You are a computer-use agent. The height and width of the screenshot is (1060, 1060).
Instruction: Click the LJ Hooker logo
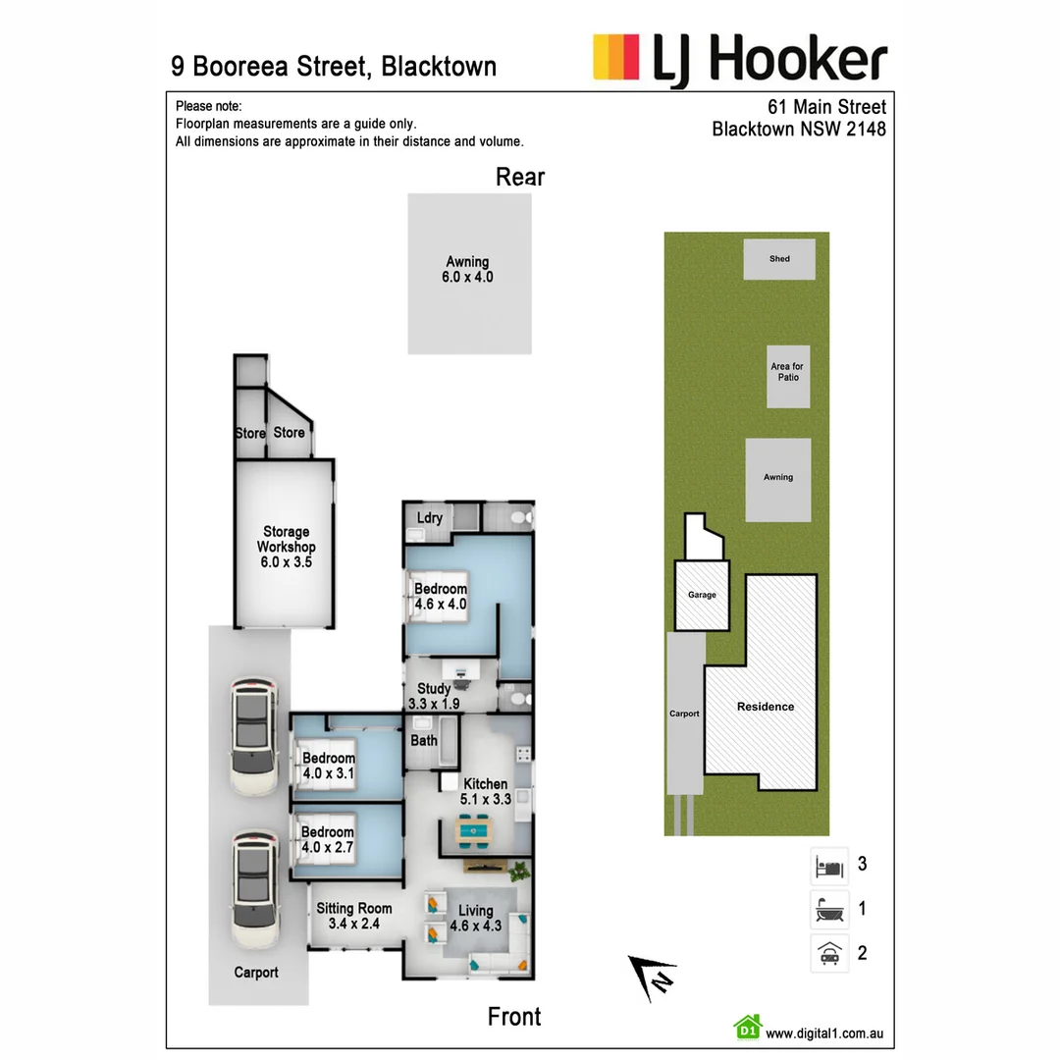pos(740,60)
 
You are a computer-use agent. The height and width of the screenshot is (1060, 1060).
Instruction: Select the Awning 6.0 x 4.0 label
pos(467,270)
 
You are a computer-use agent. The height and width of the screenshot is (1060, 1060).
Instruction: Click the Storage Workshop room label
pos(286,547)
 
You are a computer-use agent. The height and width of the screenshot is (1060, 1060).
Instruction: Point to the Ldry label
pos(429,518)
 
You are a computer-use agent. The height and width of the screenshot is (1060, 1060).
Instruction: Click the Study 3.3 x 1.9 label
pos(433,696)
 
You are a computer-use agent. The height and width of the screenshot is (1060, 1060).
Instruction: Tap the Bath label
pos(424,740)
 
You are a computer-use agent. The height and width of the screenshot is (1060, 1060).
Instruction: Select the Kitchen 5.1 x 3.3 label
pos(485,791)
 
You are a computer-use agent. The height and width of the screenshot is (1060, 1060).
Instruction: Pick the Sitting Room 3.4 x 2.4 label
pos(353,916)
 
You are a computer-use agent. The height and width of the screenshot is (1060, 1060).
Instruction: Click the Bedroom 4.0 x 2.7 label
pos(328,839)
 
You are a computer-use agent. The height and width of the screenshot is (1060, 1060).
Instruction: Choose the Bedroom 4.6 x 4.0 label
pos(440,597)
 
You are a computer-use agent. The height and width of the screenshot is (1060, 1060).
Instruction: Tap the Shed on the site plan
pos(779,259)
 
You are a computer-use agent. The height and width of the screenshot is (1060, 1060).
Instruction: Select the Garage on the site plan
pos(701,595)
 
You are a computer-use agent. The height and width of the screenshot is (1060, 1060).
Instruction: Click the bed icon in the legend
pos(829,866)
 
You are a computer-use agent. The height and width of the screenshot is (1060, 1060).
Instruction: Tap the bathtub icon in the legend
pos(829,910)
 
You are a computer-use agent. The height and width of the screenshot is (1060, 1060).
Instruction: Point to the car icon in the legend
pos(829,953)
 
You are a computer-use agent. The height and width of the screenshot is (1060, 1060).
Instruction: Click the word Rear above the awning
pos(520,177)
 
